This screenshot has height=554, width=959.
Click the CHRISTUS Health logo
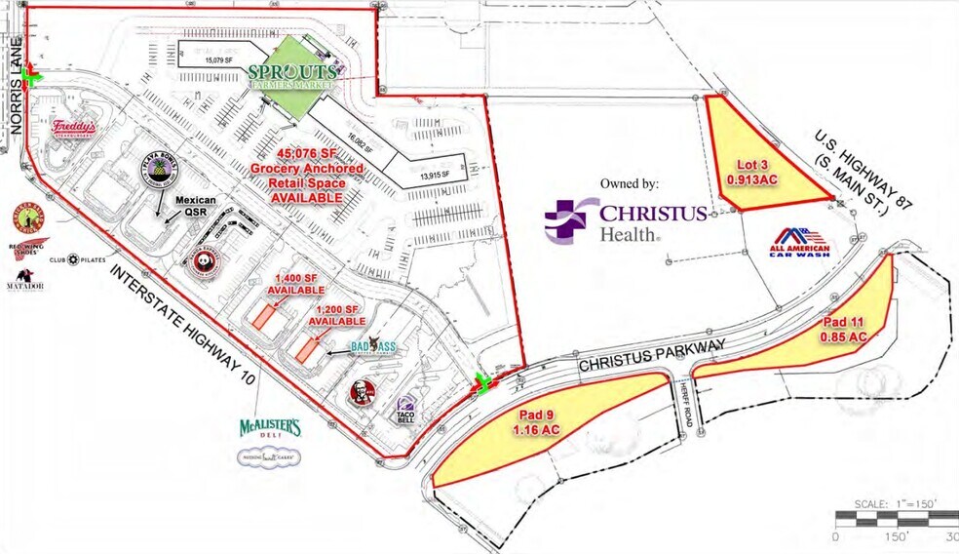click(x=625, y=220)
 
